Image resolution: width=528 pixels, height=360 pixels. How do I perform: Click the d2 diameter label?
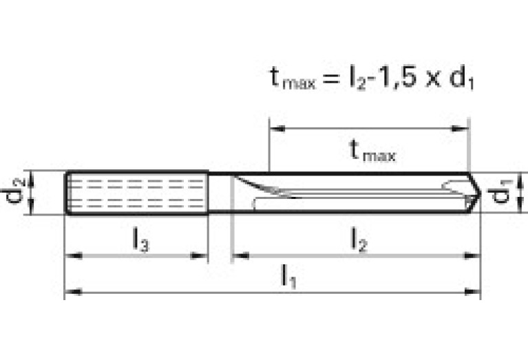19,192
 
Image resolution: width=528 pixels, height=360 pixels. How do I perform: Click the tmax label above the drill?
371,150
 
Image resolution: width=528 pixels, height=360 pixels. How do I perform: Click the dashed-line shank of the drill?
137,193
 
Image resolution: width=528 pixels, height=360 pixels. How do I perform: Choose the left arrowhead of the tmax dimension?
275,128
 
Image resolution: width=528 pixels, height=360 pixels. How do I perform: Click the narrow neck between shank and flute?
220,193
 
